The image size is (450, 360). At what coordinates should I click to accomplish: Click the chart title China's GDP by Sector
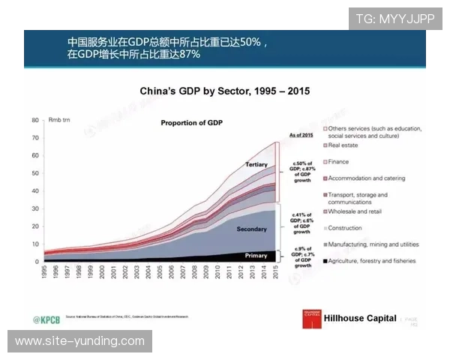tap(225, 91)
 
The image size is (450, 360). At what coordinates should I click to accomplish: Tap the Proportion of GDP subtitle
tap(191, 121)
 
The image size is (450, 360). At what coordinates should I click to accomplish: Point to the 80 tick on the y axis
tap(34, 121)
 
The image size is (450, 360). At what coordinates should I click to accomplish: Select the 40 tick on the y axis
tap(34, 191)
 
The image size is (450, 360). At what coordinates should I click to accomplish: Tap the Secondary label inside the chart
tap(251, 228)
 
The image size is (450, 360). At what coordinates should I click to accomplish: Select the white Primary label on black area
tap(256, 256)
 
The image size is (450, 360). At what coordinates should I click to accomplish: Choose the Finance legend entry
tap(338, 162)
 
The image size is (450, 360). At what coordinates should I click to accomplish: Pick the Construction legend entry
tap(345, 228)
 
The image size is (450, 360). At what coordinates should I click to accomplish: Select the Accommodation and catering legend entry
tap(366, 178)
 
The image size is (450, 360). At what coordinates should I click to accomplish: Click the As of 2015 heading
tap(301, 135)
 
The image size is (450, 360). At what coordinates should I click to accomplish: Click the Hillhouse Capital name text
tap(360, 318)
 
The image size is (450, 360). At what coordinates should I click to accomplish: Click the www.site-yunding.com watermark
tap(79, 341)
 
